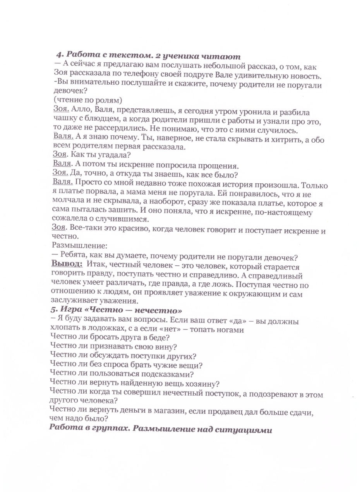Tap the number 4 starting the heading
click(x=59, y=56)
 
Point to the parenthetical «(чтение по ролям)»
click(x=87, y=100)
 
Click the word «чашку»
click(x=63, y=121)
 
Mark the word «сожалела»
click(x=69, y=218)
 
